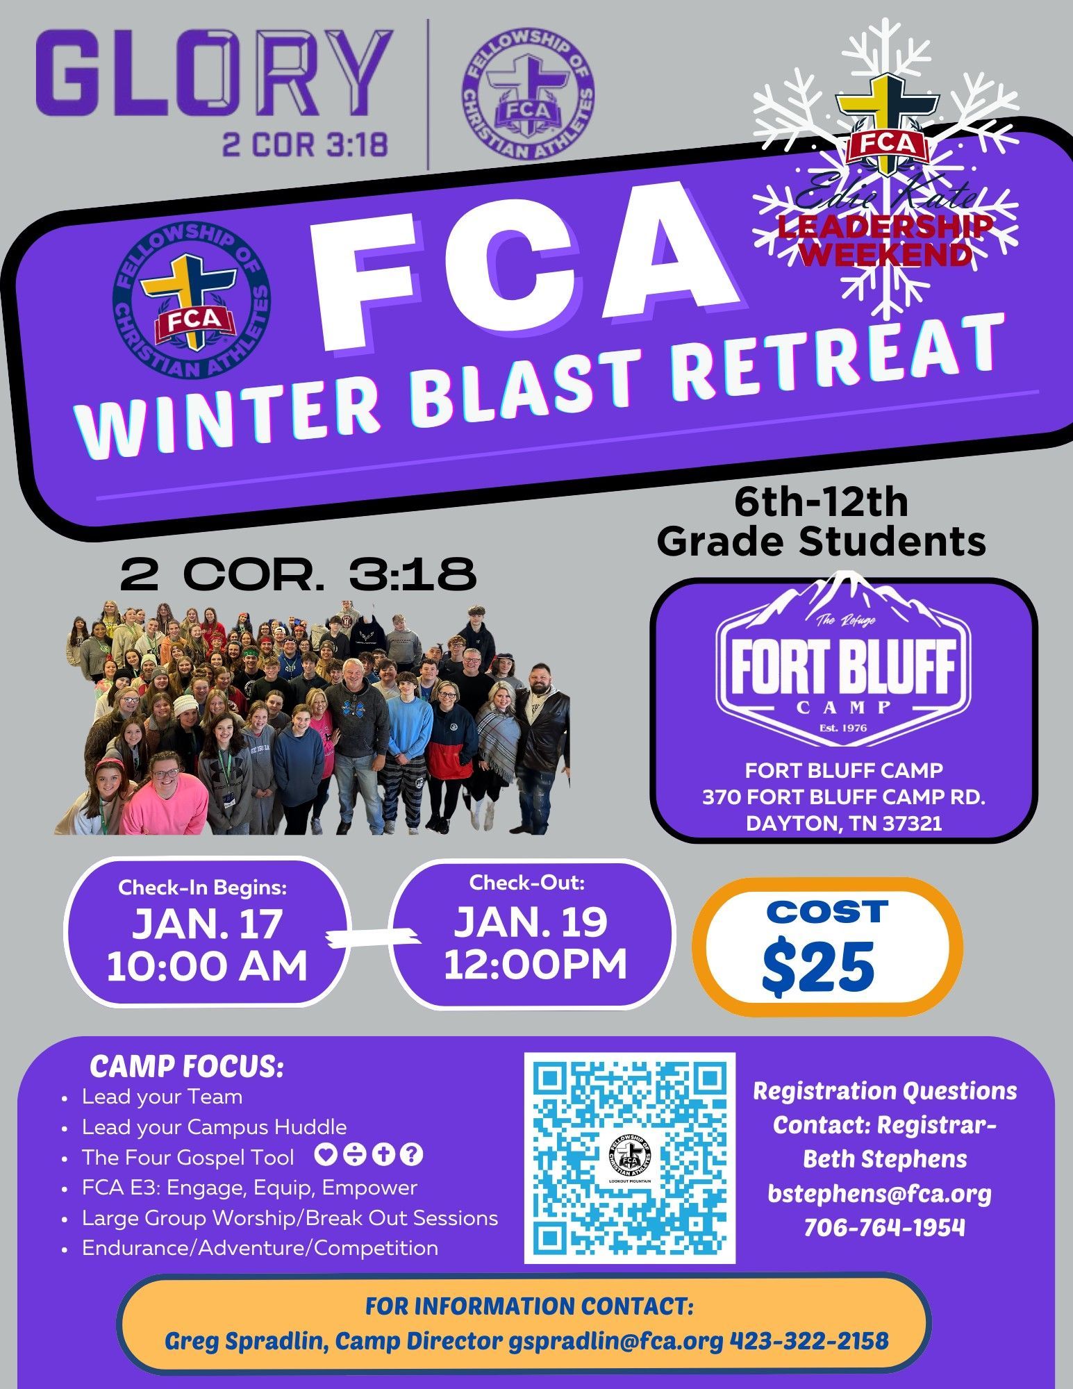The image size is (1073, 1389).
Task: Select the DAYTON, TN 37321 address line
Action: pyautogui.click(x=844, y=823)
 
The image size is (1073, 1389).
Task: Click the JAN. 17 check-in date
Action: pyautogui.click(x=207, y=923)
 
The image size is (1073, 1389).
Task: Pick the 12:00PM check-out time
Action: pyautogui.click(x=535, y=964)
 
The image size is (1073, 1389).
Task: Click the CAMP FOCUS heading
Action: pyautogui.click(x=187, y=1067)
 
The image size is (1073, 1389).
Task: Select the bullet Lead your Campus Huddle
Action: pyautogui.click(x=214, y=1126)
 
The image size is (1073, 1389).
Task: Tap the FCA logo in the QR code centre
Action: pyautogui.click(x=629, y=1157)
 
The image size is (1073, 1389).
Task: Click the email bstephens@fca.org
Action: pyautogui.click(x=879, y=1193)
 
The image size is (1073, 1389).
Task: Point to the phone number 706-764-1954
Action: pyautogui.click(x=884, y=1228)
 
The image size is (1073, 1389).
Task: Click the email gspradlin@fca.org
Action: pyautogui.click(x=615, y=1340)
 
